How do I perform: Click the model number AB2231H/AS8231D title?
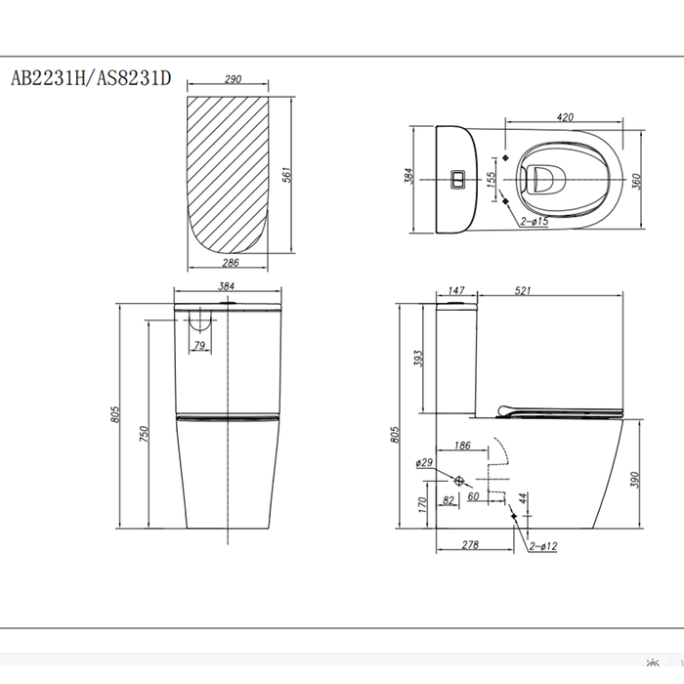pos(91,78)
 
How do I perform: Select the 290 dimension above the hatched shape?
pos(233,79)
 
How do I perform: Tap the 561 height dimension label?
pos(286,175)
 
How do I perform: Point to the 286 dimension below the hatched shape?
pos(231,262)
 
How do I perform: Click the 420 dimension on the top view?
pos(565,117)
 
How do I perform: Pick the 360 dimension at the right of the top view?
pos(636,181)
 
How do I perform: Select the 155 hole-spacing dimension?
pos(491,180)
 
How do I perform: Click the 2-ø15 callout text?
pos(534,221)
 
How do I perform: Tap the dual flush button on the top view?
pos(458,179)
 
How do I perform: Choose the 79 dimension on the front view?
pos(199,345)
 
